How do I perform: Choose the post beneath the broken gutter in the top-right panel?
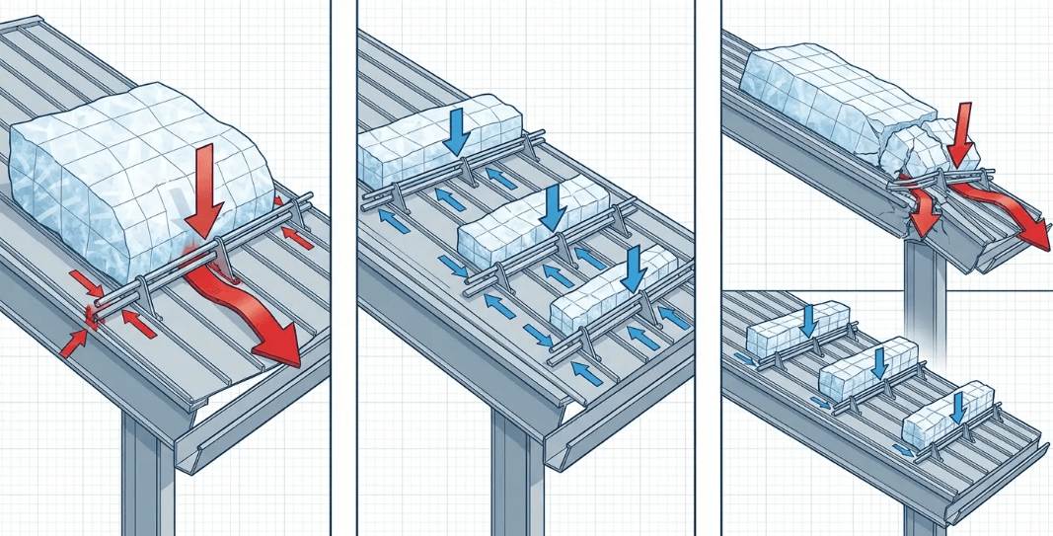click(923, 296)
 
